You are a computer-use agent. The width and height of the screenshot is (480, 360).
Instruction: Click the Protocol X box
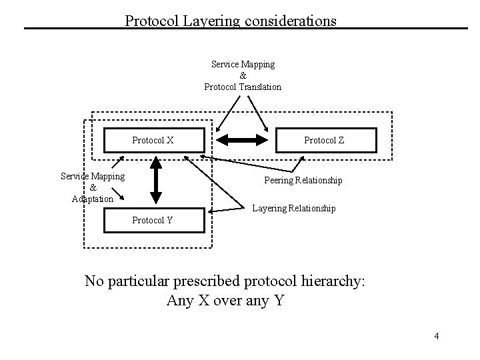153,141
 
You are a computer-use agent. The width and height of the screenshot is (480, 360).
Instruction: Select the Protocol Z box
325,141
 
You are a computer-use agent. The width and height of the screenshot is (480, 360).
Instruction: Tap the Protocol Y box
153,220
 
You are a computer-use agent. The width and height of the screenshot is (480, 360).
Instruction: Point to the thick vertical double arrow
155,179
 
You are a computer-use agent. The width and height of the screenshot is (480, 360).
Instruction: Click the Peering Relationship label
303,181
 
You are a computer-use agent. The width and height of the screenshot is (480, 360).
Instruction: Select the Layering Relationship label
294,209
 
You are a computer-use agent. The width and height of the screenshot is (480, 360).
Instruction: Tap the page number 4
437,336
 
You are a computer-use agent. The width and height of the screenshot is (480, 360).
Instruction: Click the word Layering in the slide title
196,21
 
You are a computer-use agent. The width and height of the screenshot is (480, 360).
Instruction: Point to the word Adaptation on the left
92,199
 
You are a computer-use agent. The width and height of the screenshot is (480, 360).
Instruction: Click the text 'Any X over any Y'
225,301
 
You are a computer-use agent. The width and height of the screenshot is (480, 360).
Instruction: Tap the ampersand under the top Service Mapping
243,75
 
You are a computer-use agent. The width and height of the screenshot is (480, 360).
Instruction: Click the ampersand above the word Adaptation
92,187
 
